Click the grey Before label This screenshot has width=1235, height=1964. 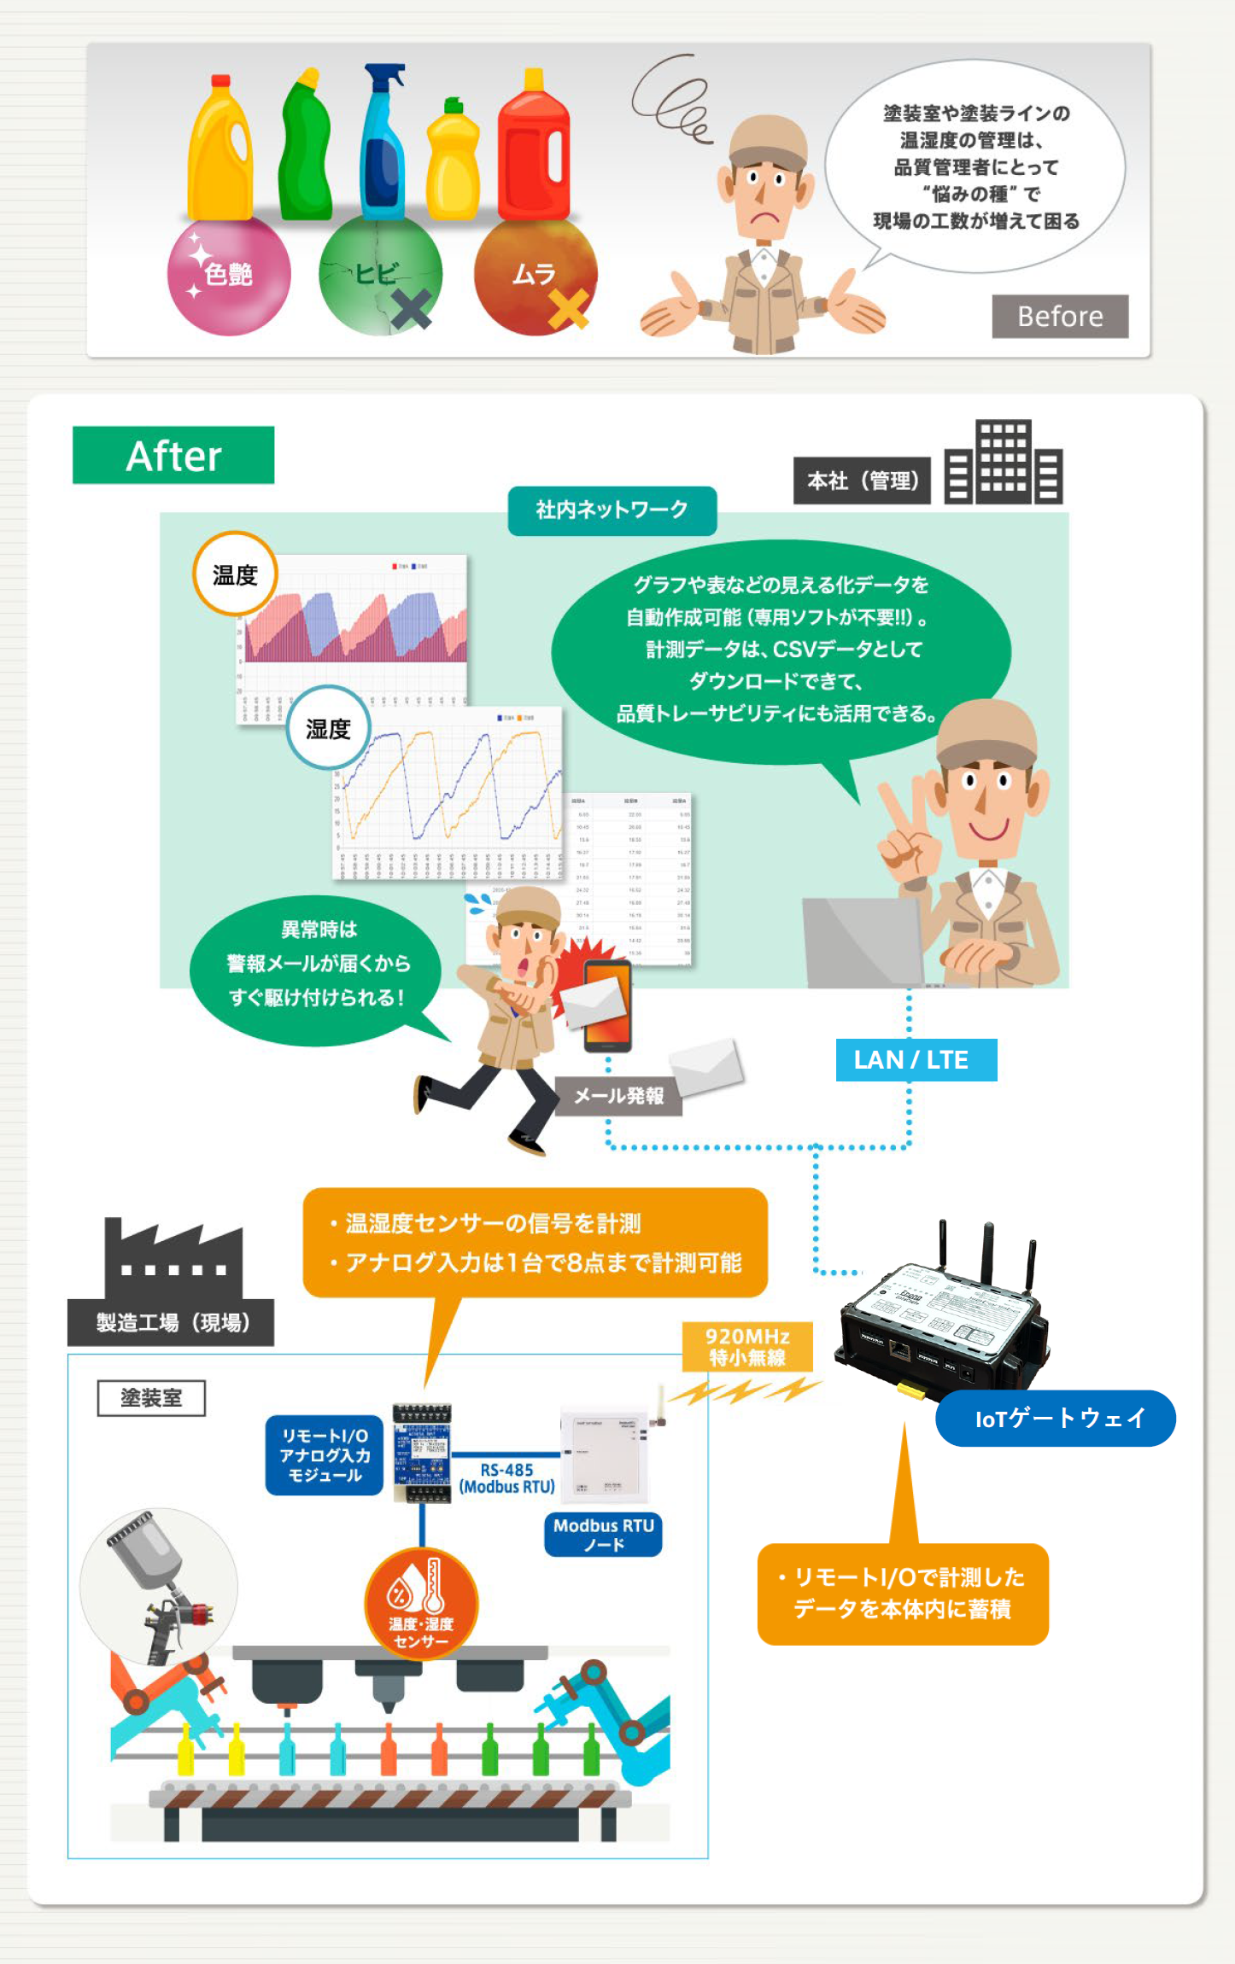tap(1059, 317)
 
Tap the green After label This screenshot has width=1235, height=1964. tap(173, 456)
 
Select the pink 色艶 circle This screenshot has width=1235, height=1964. tap(228, 275)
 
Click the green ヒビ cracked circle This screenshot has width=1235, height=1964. tap(380, 275)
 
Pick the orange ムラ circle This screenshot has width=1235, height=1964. tap(535, 275)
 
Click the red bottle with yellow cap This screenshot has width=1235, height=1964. tap(534, 149)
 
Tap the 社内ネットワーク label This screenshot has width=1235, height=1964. tap(612, 510)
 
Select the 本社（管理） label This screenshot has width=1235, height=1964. tap(862, 481)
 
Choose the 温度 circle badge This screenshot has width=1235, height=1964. tap(235, 574)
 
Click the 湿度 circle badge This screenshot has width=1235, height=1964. tap(328, 728)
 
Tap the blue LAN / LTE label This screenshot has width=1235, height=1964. tap(916, 1060)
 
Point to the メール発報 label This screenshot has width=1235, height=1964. tap(618, 1096)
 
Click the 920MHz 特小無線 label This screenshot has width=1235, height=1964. tap(747, 1346)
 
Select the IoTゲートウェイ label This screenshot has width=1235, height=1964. tap(1056, 1418)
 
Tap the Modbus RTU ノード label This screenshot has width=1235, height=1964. tap(603, 1535)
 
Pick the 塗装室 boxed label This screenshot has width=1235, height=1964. tap(151, 1398)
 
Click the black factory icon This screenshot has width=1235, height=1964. tap(173, 1258)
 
